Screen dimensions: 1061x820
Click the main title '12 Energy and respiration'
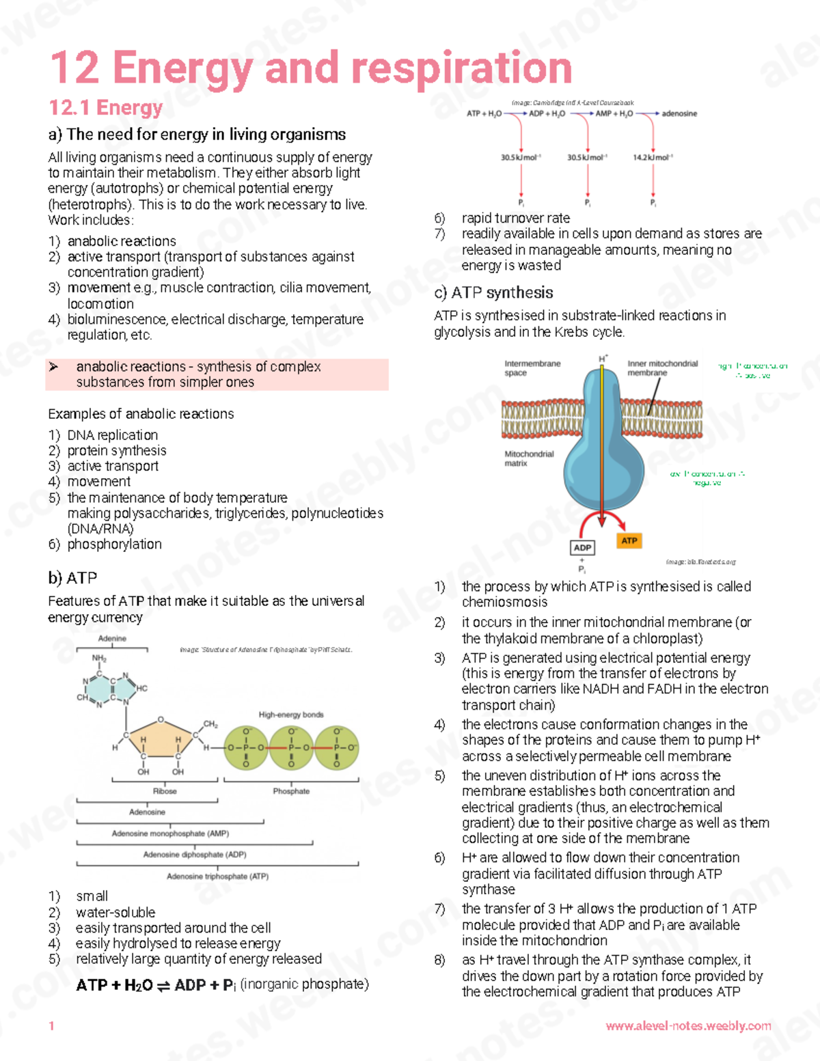coord(311,68)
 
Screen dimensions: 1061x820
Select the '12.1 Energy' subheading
coord(106,108)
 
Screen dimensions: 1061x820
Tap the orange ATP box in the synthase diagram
coord(629,540)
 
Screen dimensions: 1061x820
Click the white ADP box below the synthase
coord(582,547)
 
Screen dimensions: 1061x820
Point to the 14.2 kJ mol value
coord(653,157)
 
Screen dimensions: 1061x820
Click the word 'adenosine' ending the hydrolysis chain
coord(679,113)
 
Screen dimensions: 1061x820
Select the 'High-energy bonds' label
coord(291,715)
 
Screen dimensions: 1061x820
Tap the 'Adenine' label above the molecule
coord(112,638)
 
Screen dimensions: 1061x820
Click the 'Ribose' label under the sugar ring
coord(165,791)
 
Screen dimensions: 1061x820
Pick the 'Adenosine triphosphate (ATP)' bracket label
coord(217,876)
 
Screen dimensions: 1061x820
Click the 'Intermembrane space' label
coord(532,368)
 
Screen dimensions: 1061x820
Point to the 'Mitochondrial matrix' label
coord(528,458)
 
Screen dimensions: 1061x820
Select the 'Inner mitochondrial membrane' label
coord(661,368)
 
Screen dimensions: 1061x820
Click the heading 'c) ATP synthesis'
coord(493,293)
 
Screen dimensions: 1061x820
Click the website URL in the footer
coord(688,1025)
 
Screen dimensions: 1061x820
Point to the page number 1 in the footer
coord(51,1025)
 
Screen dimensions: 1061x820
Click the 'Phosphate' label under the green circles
coord(291,791)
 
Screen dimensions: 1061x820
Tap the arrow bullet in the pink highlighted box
coord(54,367)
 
